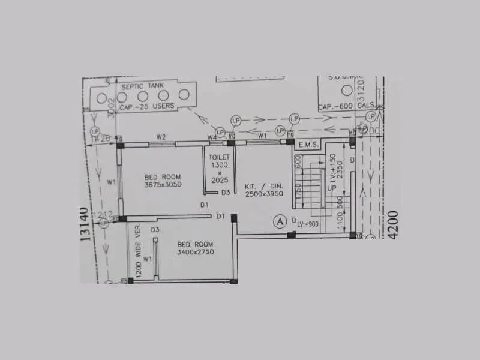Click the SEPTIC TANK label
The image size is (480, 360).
[143, 86]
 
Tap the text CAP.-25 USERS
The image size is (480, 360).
[146, 106]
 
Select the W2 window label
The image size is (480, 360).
[161, 137]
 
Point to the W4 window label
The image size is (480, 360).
[212, 138]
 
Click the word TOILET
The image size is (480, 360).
[215, 157]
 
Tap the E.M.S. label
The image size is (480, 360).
[308, 145]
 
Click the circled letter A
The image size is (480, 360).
[279, 221]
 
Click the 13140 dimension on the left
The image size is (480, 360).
[85, 224]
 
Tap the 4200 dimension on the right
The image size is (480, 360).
[393, 224]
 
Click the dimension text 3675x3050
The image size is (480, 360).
[163, 185]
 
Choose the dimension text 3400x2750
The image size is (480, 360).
[196, 252]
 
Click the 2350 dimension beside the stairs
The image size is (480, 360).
[340, 169]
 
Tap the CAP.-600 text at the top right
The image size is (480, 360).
[334, 106]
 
